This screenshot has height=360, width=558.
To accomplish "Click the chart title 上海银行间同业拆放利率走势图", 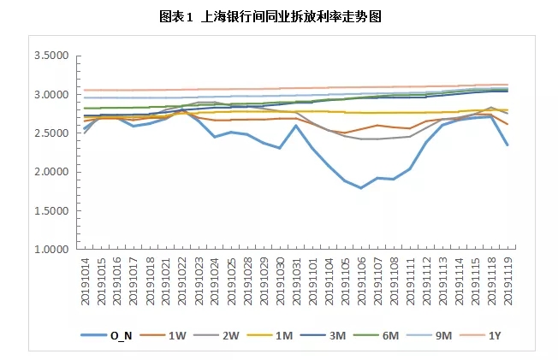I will (x=278, y=16).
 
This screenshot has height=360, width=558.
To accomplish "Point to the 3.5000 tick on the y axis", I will (x=50, y=56).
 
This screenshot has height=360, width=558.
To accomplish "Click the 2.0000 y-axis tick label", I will (x=50, y=172).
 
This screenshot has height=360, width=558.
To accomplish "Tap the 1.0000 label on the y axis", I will (x=50, y=250).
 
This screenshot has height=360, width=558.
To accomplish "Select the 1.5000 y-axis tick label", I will (x=50, y=210).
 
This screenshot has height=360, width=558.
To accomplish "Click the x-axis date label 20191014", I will (x=85, y=280).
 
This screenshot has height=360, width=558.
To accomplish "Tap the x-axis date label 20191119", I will (x=508, y=280).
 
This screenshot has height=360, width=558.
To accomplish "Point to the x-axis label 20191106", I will (x=361, y=280).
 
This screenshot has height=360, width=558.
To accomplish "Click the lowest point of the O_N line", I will (x=361, y=187).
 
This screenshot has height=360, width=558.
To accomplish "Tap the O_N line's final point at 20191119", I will (x=508, y=145).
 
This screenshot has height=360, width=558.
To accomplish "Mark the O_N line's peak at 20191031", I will (x=296, y=126).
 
